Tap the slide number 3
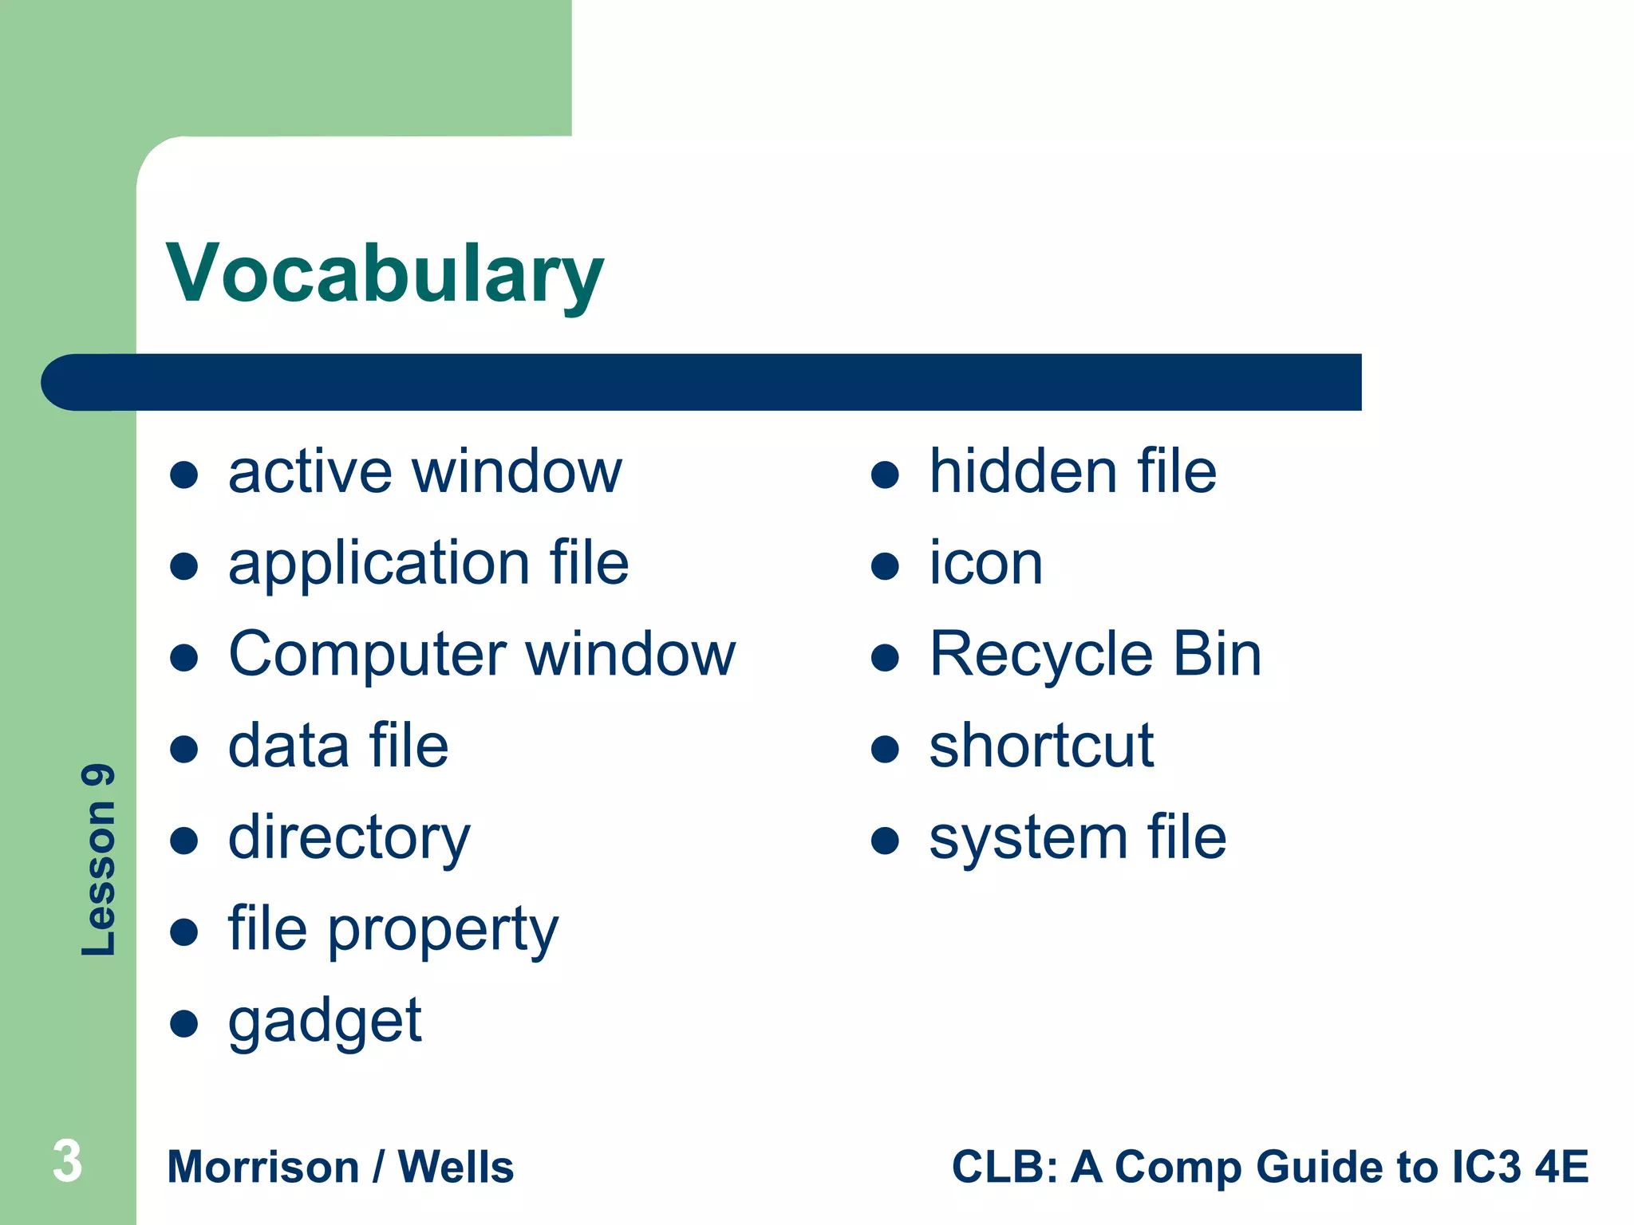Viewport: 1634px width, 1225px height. tap(68, 1161)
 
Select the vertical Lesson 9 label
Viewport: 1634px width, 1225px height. tap(99, 860)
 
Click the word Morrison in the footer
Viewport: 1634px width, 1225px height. tap(263, 1167)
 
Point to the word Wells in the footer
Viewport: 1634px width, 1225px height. tap(456, 1167)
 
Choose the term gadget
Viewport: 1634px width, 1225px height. tap(324, 1022)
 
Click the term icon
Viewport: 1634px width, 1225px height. tap(986, 563)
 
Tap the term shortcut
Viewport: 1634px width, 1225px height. tap(1041, 746)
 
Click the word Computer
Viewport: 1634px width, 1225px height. tap(367, 656)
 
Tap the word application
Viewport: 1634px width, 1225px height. tap(379, 565)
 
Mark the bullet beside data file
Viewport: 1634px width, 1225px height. tap(184, 749)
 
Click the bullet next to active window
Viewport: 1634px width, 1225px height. tap(184, 475)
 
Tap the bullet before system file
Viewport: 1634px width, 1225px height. tap(885, 841)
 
